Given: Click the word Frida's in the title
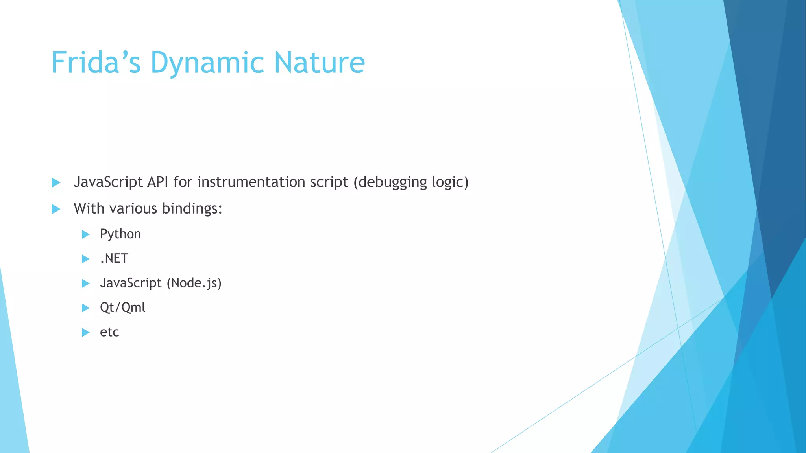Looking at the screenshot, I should (x=96, y=63).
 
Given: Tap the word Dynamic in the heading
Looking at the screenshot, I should (x=207, y=63).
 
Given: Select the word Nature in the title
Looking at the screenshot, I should (x=320, y=63).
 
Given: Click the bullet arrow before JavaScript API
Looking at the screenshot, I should (x=56, y=182).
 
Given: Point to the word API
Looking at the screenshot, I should (x=158, y=182).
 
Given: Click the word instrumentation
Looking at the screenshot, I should (x=251, y=182).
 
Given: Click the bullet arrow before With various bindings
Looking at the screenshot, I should (x=56, y=209).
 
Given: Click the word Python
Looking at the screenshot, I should (x=120, y=234).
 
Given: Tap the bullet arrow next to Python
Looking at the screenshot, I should (x=85, y=235).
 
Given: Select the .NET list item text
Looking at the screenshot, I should (x=114, y=258).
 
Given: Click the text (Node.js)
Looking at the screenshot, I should (x=194, y=283).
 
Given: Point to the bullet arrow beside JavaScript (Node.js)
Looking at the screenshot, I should (x=85, y=284).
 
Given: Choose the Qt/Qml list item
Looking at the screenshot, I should (x=122, y=308).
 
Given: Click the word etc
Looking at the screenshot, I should (x=109, y=332).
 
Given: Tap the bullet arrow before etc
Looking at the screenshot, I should (x=85, y=333).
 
